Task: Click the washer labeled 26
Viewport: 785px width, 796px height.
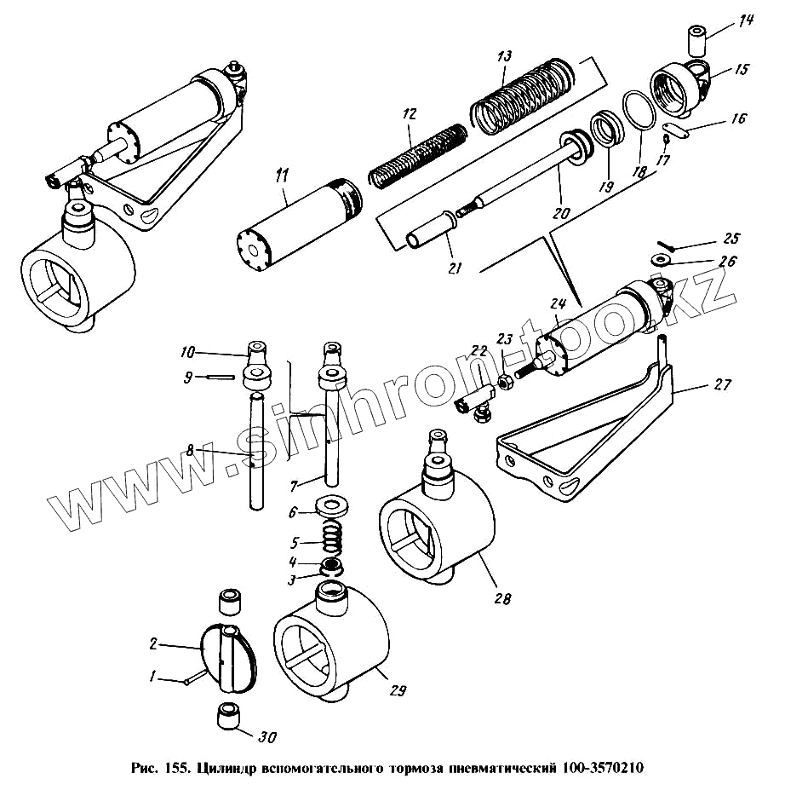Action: click(661, 260)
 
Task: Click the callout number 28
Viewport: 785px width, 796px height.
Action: click(502, 598)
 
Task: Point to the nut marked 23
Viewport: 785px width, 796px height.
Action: click(503, 383)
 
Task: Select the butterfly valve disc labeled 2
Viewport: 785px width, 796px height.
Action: click(227, 656)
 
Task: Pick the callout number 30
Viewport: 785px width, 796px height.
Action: click(269, 736)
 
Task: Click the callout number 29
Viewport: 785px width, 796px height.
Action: click(398, 691)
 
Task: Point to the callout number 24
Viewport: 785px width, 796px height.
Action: click(558, 303)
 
